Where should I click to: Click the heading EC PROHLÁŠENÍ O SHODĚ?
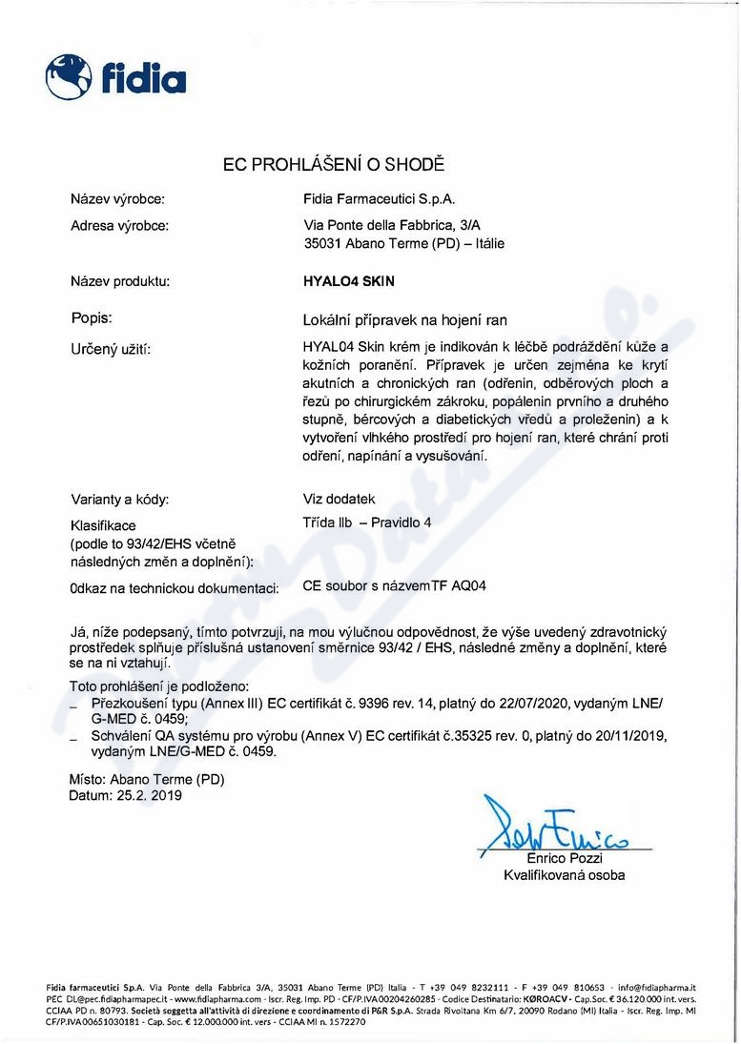click(334, 164)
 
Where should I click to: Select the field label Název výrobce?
click(118, 199)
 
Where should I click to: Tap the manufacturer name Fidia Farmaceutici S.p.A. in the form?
click(379, 199)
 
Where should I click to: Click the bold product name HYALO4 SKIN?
click(347, 281)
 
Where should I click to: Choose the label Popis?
click(93, 317)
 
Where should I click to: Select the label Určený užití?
click(111, 350)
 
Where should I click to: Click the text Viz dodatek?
click(339, 499)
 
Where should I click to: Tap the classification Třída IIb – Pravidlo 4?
click(366, 522)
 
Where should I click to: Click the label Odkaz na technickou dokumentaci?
click(175, 587)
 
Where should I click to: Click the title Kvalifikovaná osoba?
click(565, 874)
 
